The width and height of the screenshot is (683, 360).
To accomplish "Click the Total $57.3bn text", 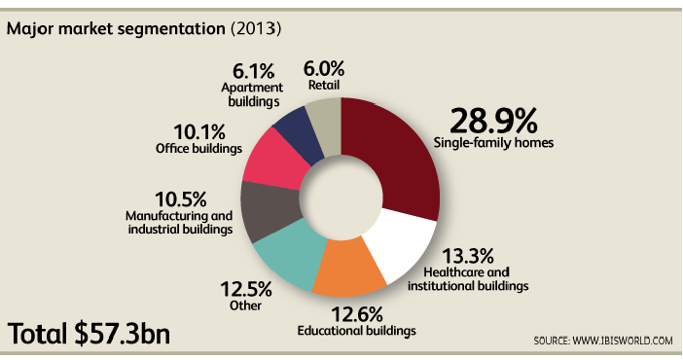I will coord(90,333).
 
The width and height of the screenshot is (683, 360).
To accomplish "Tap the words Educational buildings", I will coord(356,331).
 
